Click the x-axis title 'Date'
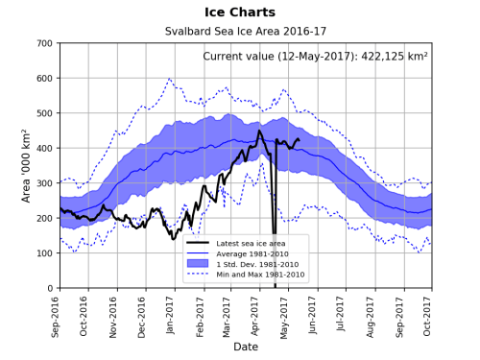[246, 347]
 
